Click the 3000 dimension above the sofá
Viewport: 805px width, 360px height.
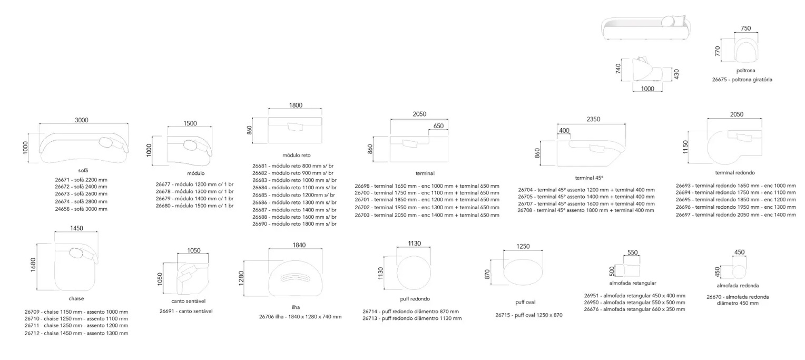click(x=82, y=120)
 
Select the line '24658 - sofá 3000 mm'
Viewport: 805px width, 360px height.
click(x=81, y=209)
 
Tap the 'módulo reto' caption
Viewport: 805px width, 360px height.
click(x=297, y=155)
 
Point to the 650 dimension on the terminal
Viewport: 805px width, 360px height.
click(x=438, y=126)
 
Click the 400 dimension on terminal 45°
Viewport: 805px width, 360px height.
click(x=564, y=131)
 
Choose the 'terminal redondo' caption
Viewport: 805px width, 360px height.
click(x=735, y=173)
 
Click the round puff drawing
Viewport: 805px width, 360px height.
click(x=414, y=273)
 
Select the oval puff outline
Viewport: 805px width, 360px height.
click(x=523, y=273)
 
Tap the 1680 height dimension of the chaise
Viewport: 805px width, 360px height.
click(x=33, y=265)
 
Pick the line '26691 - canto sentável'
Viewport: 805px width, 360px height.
click(x=186, y=311)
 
